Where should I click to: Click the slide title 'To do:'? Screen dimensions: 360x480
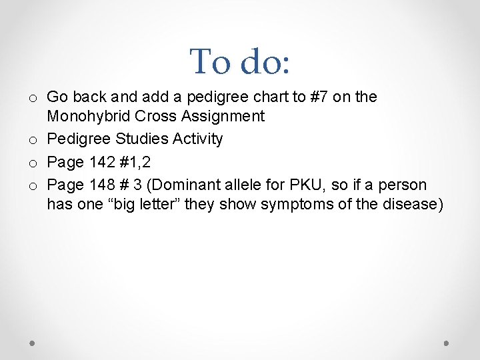point(240,61)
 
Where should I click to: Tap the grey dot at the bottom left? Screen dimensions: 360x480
point(32,343)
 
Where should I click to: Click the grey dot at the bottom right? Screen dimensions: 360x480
point(447,343)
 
